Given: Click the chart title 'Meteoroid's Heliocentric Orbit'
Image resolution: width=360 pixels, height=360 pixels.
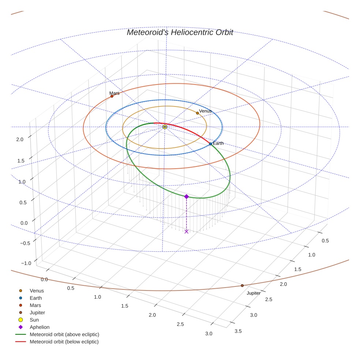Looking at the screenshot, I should point(180,33).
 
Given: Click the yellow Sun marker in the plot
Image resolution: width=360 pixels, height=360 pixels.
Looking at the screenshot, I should point(165,127).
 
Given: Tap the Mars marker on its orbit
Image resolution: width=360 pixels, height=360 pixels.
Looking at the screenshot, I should point(112,96).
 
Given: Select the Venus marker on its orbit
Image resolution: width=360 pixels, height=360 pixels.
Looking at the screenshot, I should point(198,113).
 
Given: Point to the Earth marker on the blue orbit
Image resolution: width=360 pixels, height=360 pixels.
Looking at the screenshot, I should point(210,144).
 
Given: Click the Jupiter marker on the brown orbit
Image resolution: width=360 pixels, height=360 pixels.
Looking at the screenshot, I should point(242,285).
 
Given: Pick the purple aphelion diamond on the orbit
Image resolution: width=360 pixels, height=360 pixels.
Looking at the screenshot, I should point(186,196).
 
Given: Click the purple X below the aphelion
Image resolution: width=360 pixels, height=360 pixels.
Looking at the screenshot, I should point(187,231).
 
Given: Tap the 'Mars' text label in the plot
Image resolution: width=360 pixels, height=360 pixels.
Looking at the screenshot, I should point(115,93).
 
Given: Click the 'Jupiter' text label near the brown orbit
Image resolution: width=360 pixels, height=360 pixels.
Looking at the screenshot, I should point(254,293).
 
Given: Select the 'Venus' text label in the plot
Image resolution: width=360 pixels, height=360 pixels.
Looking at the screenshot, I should point(205,111).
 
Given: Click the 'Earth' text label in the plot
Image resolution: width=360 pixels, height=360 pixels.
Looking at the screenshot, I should point(218,143).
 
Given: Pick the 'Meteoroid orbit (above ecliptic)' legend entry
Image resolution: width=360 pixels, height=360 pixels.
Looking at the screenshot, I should point(64,334).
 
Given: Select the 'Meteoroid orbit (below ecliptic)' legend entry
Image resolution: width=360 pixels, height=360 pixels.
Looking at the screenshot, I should point(64,342).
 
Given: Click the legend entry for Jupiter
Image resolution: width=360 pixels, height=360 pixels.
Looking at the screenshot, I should point(37,312).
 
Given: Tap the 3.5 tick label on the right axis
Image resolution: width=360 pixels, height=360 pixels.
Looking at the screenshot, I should point(238,331).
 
